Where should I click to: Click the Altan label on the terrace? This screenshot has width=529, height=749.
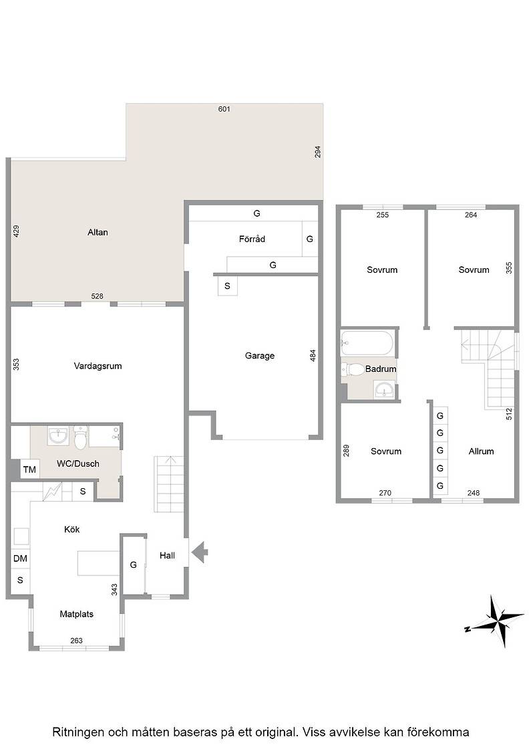coord(98,232)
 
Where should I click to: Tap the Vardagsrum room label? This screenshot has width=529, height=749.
coord(98,366)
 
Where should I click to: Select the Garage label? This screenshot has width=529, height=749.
coord(260,355)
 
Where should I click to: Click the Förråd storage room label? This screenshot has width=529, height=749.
coord(252,239)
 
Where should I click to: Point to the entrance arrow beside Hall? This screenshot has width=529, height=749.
coord(200,552)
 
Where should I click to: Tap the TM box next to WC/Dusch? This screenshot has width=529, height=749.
coord(29,469)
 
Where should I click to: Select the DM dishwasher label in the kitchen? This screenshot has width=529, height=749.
coord(20,558)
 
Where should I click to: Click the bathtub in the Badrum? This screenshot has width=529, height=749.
coord(367,342)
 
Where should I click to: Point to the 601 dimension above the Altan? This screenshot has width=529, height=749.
coord(224,109)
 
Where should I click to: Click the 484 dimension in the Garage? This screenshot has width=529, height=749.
coord(313,355)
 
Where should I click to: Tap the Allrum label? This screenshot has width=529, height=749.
coord(481,451)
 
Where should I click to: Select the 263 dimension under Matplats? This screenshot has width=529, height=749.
coord(76,641)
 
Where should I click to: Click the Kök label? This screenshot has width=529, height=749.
coord(72,529)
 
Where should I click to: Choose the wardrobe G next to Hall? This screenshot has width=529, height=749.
coord(134,564)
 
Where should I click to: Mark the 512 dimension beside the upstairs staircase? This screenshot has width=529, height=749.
coord(509,414)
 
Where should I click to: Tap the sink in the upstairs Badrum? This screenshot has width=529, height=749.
coord(385,390)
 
